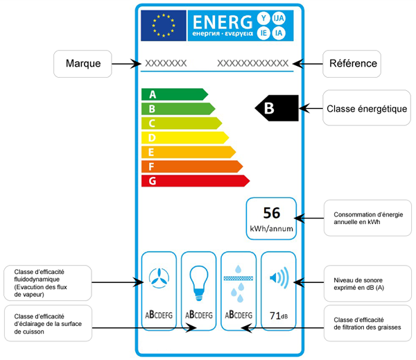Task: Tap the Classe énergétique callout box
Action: click(366, 108)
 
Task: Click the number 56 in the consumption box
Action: click(271, 212)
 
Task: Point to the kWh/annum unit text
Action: click(271, 228)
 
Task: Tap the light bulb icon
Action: click(199, 279)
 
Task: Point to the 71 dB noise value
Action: click(279, 316)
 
